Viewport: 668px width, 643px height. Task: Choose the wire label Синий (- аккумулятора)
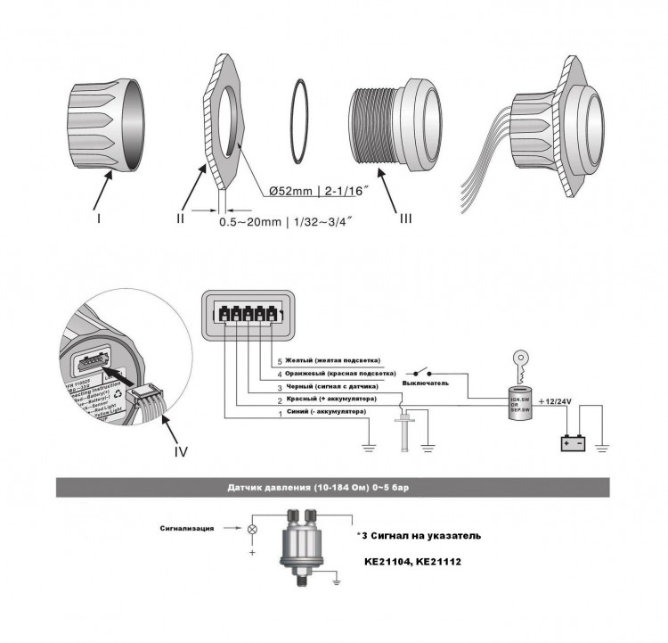click(329, 413)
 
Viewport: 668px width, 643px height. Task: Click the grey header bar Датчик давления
click(334, 487)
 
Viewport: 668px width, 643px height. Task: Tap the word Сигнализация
click(188, 529)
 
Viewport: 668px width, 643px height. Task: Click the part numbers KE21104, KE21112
click(414, 564)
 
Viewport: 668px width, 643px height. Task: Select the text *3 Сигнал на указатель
click(419, 536)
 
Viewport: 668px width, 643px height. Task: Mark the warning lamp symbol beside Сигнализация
click(252, 530)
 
